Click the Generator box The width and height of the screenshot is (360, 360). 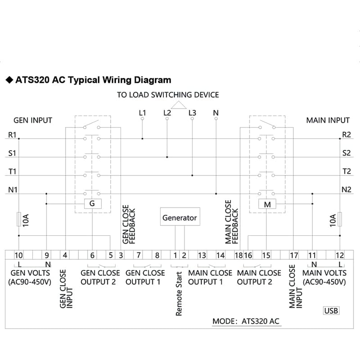click(x=180, y=216)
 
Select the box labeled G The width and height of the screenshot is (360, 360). click(x=93, y=204)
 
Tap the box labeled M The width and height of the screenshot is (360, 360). click(x=267, y=204)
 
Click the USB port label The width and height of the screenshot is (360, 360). click(x=331, y=310)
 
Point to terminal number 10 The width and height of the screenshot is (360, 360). click(x=18, y=255)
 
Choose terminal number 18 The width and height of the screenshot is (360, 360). click(x=238, y=255)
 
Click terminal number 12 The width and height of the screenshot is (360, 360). click(x=340, y=255)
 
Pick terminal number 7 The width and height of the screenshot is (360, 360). click(x=139, y=255)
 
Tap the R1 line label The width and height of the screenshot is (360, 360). click(x=12, y=135)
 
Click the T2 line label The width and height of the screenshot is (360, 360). click(x=346, y=171)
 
